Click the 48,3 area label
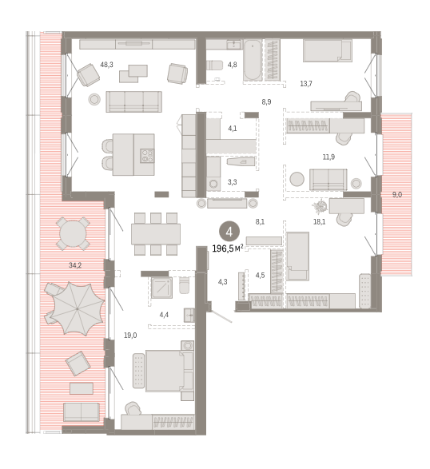[106, 65]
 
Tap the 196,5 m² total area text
[228, 248]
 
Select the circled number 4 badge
[229, 232]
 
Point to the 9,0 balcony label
[397, 195]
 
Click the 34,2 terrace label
[75, 265]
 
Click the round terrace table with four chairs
[73, 233]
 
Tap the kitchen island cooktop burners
[147, 156]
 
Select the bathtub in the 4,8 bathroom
[253, 60]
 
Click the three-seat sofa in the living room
[134, 101]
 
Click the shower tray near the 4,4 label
[161, 288]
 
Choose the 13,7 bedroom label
[306, 84]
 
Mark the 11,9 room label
[328, 157]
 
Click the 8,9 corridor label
[266, 102]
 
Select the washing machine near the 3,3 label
[213, 184]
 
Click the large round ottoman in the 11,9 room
[297, 180]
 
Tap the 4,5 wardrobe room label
[260, 275]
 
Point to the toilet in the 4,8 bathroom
[214, 66]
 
